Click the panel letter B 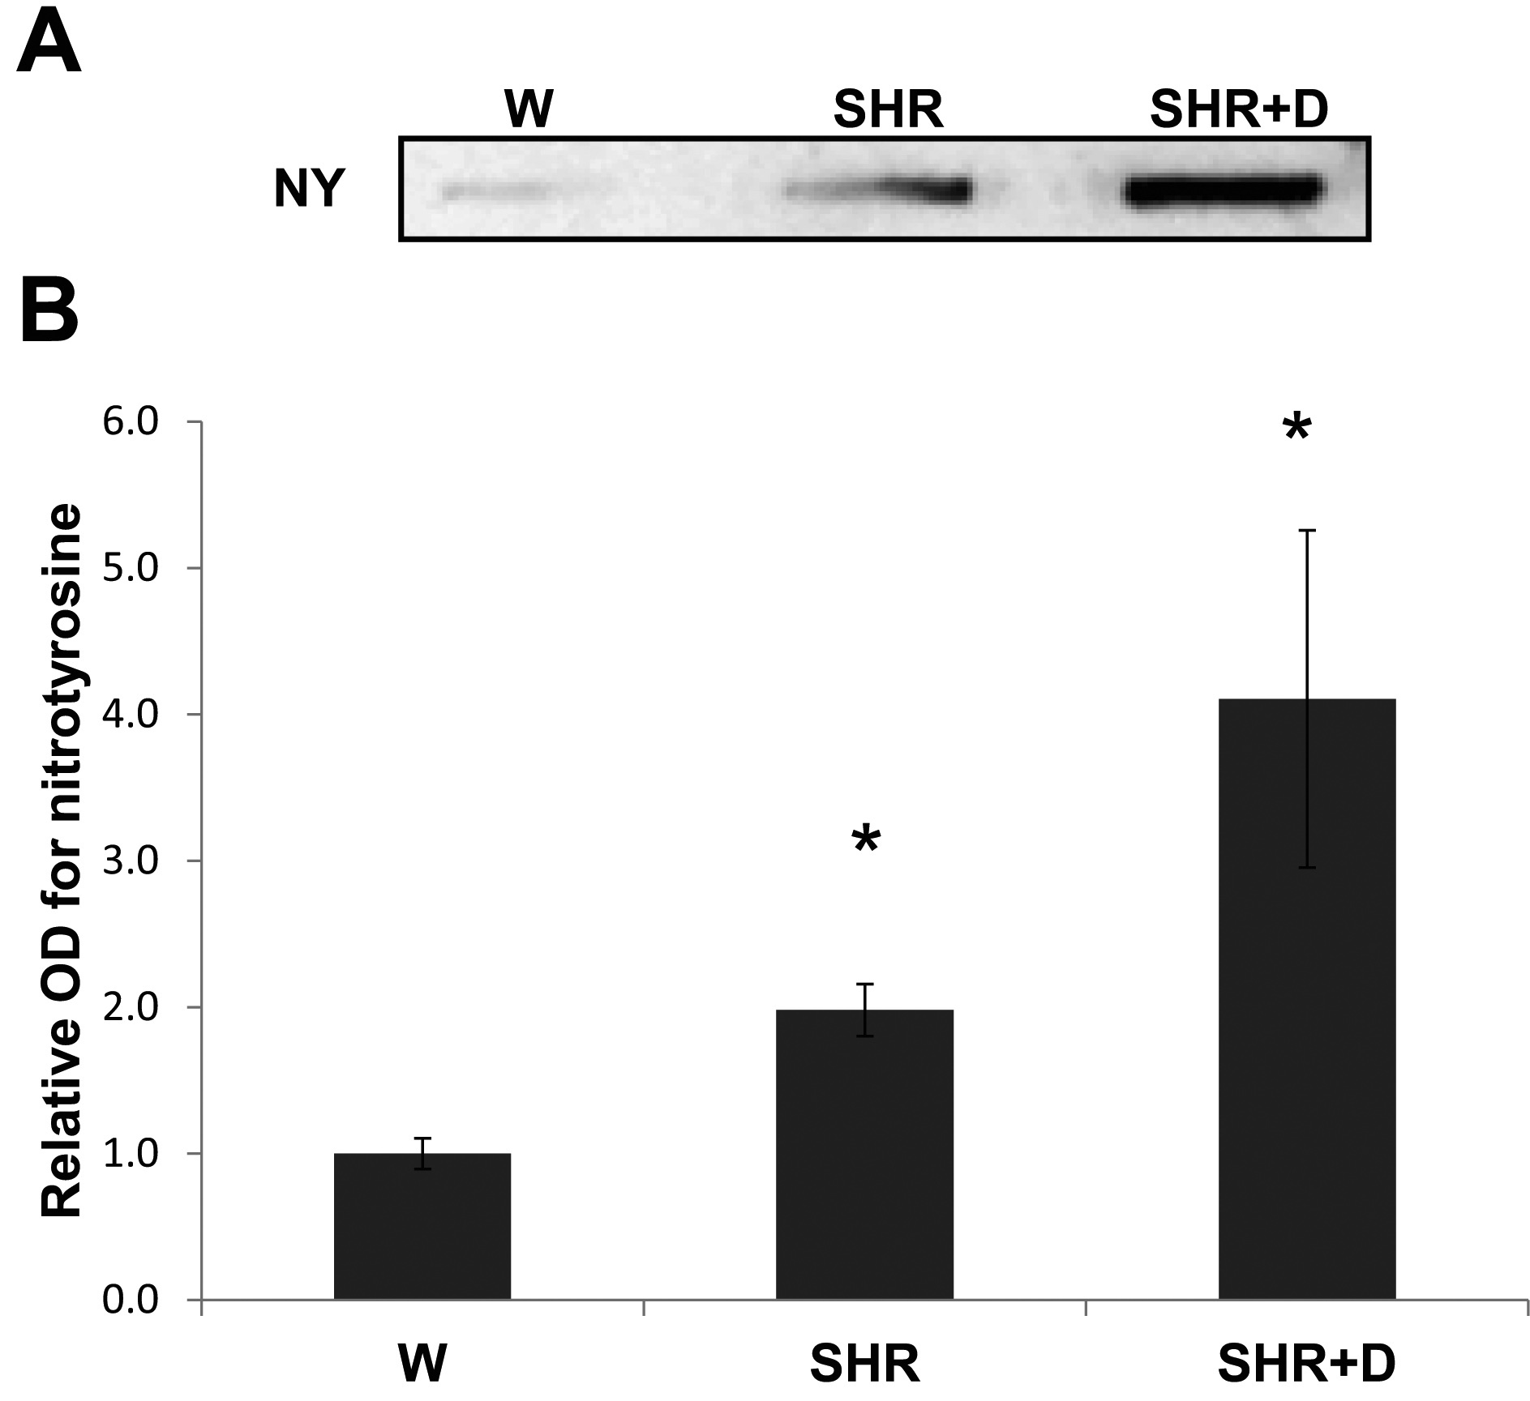[49, 311]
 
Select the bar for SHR [864, 1154]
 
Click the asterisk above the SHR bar [865, 842]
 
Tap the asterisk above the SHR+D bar [1296, 429]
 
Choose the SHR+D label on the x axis [1306, 1365]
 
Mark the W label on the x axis [422, 1365]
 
